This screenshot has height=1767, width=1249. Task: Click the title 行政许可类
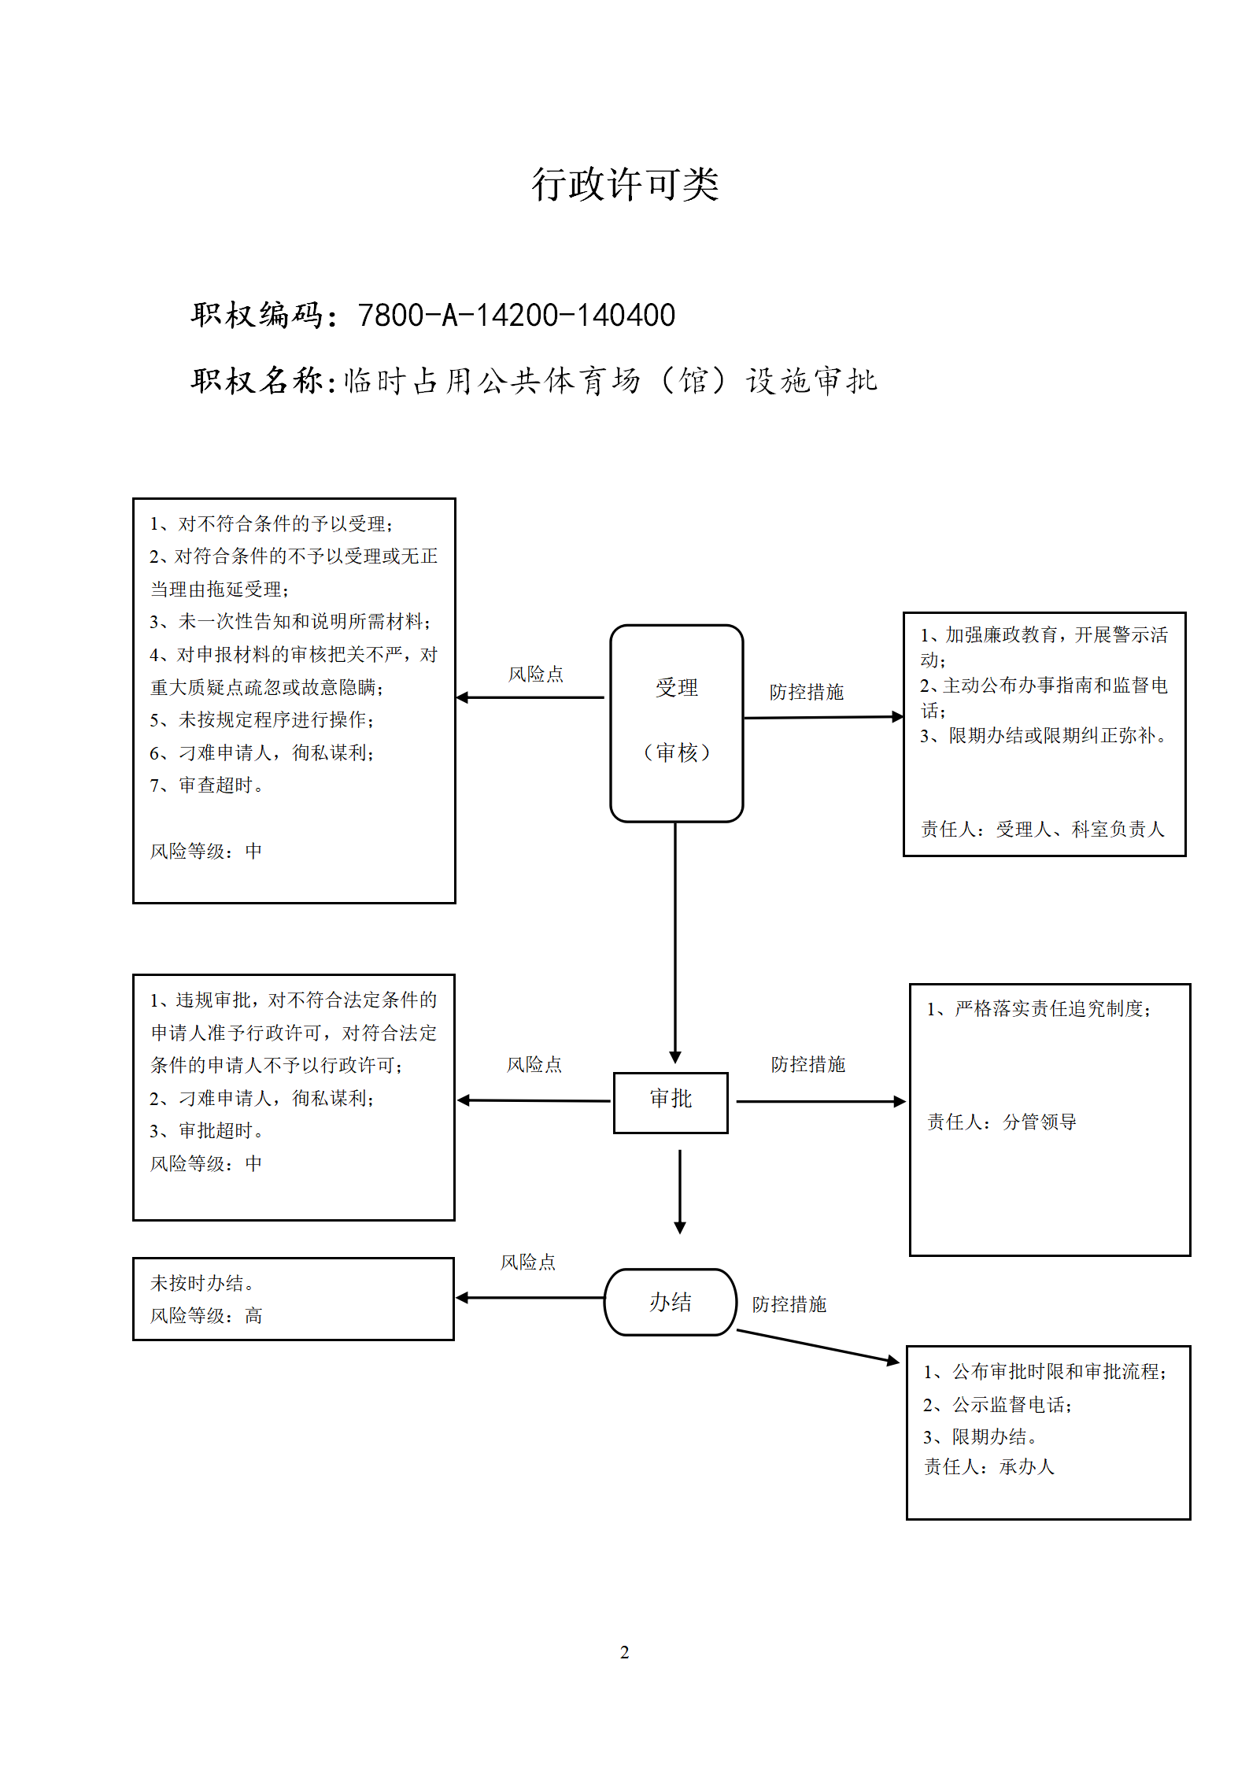[625, 185]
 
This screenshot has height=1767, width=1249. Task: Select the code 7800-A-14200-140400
[516, 315]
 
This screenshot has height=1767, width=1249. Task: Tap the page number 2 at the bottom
[624, 1652]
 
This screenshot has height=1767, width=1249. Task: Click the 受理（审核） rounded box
[677, 723]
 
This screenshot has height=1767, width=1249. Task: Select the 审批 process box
[671, 1102]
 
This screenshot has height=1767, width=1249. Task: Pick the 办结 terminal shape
[671, 1302]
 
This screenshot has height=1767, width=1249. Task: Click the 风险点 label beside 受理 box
[536, 674]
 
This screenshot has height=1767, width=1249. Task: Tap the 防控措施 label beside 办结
[789, 1304]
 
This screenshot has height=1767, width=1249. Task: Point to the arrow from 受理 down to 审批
[675, 943]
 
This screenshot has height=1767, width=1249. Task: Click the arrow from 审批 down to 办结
[680, 1192]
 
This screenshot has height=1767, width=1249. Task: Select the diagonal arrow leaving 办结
[818, 1347]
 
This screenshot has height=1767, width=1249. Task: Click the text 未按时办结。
[202, 1283]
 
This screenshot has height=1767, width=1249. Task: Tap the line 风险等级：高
[206, 1315]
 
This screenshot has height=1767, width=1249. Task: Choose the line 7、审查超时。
[207, 785]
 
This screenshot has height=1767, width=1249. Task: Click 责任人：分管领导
[1002, 1122]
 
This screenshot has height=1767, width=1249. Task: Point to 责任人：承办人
[989, 1466]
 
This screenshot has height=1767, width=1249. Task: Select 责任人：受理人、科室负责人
[1043, 829]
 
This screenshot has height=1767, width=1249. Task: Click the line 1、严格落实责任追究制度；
[1039, 1008]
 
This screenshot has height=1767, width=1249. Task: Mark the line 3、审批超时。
[207, 1130]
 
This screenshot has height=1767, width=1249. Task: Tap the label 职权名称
[257, 381]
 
